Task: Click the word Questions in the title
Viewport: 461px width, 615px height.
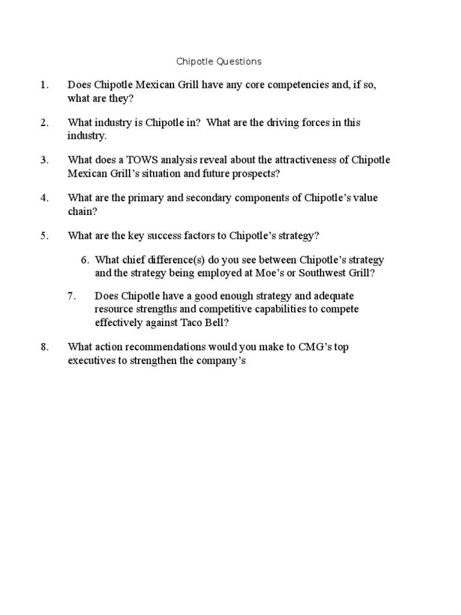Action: [239, 61]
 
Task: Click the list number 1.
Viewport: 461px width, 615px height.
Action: [44, 85]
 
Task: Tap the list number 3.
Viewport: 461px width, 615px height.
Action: [44, 160]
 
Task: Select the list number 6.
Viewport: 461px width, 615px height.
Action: [85, 260]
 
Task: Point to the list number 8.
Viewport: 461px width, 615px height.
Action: [44, 347]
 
